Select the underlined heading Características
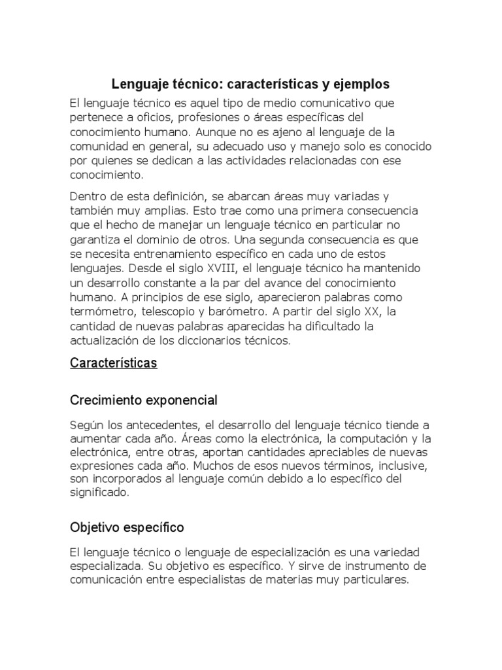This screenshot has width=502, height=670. [x=114, y=363]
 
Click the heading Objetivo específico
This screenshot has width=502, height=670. [x=127, y=527]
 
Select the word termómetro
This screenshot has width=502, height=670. [x=101, y=311]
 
